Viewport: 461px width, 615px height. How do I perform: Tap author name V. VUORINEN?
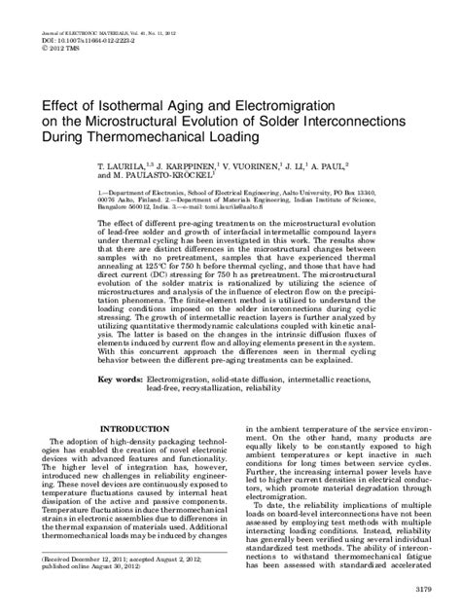coord(258,167)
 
